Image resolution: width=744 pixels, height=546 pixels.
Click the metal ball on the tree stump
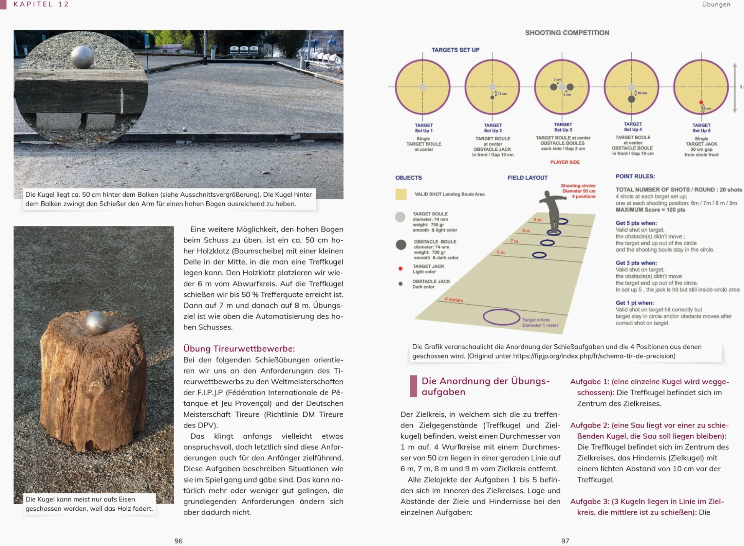tap(96, 323)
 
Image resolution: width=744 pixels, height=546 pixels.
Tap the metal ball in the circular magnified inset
tap(82, 57)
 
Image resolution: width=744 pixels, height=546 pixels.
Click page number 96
tap(178, 541)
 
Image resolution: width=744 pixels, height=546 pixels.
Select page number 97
tap(565, 541)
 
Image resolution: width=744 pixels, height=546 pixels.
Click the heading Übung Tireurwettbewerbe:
tap(239, 349)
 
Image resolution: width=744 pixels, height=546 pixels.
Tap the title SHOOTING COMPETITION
tap(567, 33)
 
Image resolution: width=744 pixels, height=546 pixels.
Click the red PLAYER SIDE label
tap(565, 162)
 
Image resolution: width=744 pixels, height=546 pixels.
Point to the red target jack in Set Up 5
tap(701, 103)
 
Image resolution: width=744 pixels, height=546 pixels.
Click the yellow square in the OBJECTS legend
tap(401, 194)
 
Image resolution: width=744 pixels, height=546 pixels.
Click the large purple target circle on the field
tap(501, 317)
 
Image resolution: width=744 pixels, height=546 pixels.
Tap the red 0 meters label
tap(454, 299)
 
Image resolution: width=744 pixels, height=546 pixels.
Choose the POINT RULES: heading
tap(635, 176)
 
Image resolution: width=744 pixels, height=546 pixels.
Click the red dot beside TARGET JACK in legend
tap(400, 269)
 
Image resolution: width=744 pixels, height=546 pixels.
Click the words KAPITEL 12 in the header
tap(41, 4)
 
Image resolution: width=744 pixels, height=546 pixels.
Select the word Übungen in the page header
tap(716, 4)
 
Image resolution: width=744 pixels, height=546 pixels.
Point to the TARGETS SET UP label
tap(455, 50)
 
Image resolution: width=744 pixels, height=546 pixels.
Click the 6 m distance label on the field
tap(500, 252)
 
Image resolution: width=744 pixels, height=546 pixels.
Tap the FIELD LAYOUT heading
tap(527, 178)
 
